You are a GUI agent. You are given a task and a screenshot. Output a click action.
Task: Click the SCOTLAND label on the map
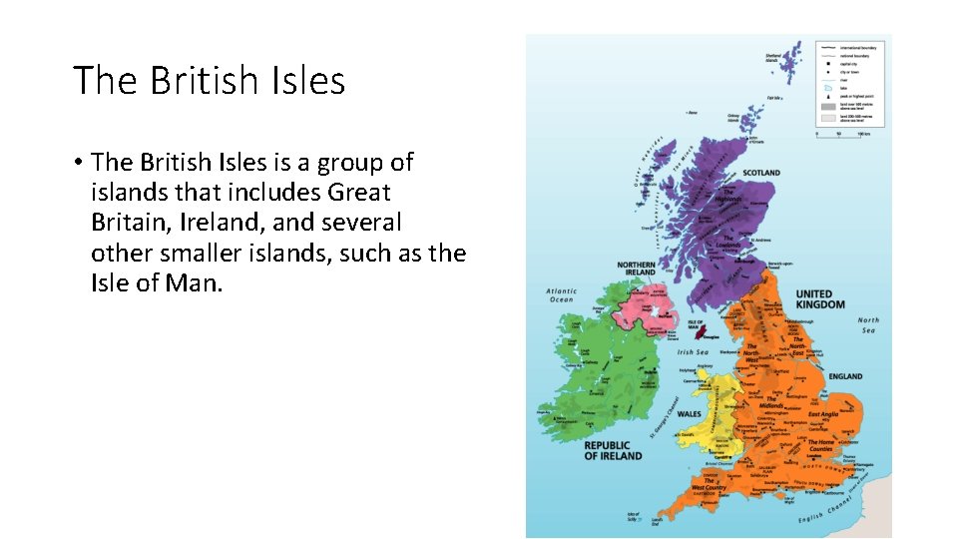760,173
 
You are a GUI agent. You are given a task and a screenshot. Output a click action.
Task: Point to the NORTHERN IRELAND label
636,269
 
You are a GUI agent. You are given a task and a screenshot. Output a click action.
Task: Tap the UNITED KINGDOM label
819,299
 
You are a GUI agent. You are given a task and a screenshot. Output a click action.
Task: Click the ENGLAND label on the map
845,376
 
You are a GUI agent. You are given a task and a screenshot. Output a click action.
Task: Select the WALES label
690,413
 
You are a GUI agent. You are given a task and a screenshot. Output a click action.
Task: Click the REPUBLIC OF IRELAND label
613,451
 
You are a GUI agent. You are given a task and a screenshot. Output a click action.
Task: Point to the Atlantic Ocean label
561,295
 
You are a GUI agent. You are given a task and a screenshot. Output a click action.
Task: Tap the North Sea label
869,325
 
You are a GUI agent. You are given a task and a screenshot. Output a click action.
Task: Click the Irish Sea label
693,352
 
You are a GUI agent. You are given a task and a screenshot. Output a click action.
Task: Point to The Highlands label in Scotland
732,197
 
